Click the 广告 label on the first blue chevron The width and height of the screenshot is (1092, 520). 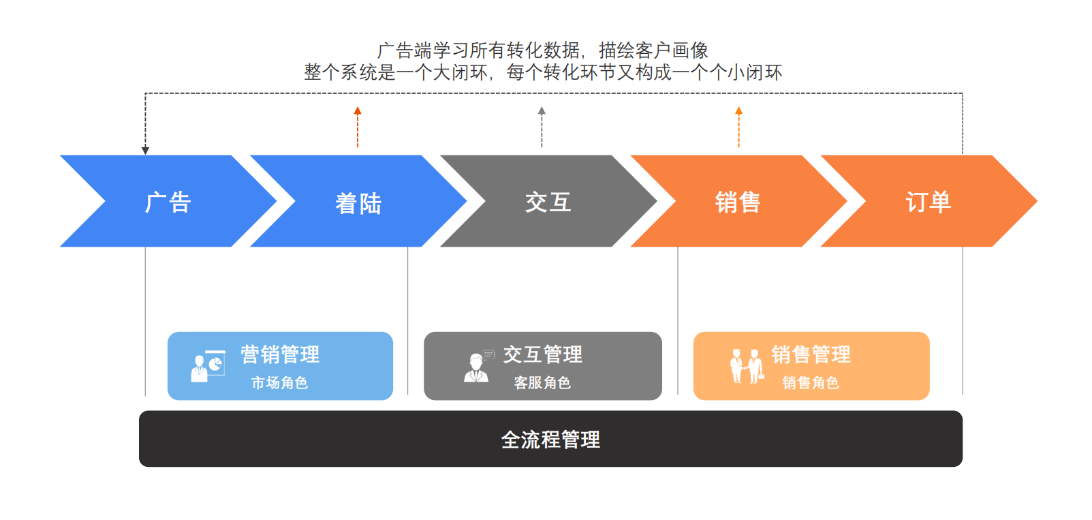[168, 202]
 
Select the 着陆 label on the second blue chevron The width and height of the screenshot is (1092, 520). [358, 203]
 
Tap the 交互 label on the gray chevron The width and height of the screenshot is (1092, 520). [548, 202]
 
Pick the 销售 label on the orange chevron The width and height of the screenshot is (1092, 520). [738, 202]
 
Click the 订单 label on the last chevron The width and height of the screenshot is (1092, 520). [928, 202]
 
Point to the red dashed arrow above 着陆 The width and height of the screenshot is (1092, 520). [358, 127]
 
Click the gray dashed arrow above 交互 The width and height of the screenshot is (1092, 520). [542, 127]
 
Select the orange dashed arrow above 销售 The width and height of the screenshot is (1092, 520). [738, 127]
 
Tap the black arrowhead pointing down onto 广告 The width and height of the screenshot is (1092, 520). [145, 150]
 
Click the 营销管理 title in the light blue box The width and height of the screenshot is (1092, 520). [280, 354]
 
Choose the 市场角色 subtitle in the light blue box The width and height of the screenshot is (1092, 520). [279, 383]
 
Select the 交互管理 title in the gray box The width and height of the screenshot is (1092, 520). [542, 354]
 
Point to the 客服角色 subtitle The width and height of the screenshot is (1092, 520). [542, 383]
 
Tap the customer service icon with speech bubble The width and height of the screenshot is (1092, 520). [478, 367]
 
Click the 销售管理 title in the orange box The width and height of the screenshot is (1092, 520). [811, 354]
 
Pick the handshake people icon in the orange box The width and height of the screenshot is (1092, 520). [747, 367]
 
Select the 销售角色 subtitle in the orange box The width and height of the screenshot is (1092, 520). [811, 383]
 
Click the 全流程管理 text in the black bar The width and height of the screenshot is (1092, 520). [550, 440]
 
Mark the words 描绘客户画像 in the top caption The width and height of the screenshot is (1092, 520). [653, 50]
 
